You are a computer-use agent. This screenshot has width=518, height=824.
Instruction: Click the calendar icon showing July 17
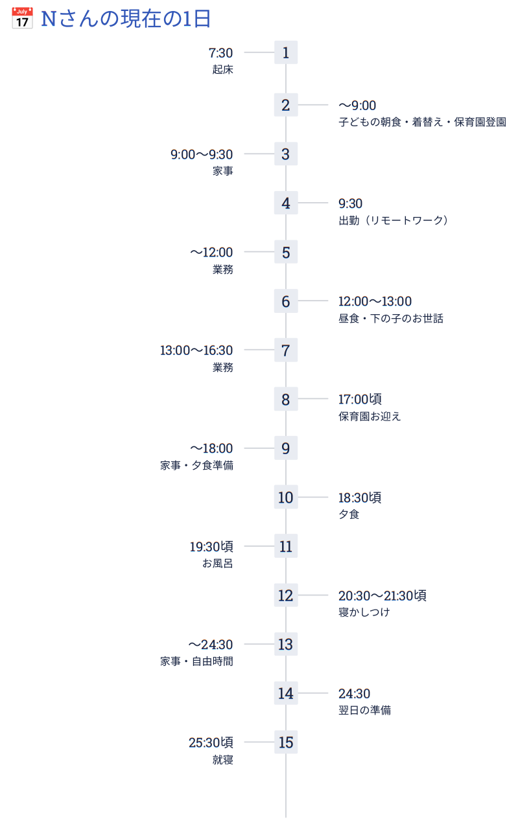22,18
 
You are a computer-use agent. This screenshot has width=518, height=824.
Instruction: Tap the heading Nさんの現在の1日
126,19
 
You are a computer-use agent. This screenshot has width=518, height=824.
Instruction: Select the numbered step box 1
286,52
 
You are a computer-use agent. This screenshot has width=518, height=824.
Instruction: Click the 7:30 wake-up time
220,53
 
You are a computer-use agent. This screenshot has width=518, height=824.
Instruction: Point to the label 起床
223,69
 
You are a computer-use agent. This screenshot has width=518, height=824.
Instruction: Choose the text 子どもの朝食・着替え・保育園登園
422,122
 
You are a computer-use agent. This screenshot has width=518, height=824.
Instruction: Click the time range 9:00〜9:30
202,154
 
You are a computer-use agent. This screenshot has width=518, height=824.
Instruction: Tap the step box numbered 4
286,203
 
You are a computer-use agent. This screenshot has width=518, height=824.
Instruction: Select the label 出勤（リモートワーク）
393,220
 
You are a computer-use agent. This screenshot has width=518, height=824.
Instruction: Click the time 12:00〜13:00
375,301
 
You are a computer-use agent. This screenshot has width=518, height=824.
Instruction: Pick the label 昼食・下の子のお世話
391,318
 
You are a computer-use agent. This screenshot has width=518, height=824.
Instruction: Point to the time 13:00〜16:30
196,350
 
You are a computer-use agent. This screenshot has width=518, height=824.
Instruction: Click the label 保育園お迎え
370,417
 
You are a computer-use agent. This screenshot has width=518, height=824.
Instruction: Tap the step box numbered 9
286,448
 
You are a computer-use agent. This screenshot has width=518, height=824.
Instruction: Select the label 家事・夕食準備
196,465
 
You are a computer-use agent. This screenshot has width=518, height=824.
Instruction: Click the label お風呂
218,563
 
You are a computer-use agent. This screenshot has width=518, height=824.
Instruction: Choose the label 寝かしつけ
364,612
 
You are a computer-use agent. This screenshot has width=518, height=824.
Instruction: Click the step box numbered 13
286,644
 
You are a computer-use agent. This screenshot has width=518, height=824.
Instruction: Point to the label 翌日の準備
365,710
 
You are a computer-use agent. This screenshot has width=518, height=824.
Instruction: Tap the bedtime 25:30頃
211,742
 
